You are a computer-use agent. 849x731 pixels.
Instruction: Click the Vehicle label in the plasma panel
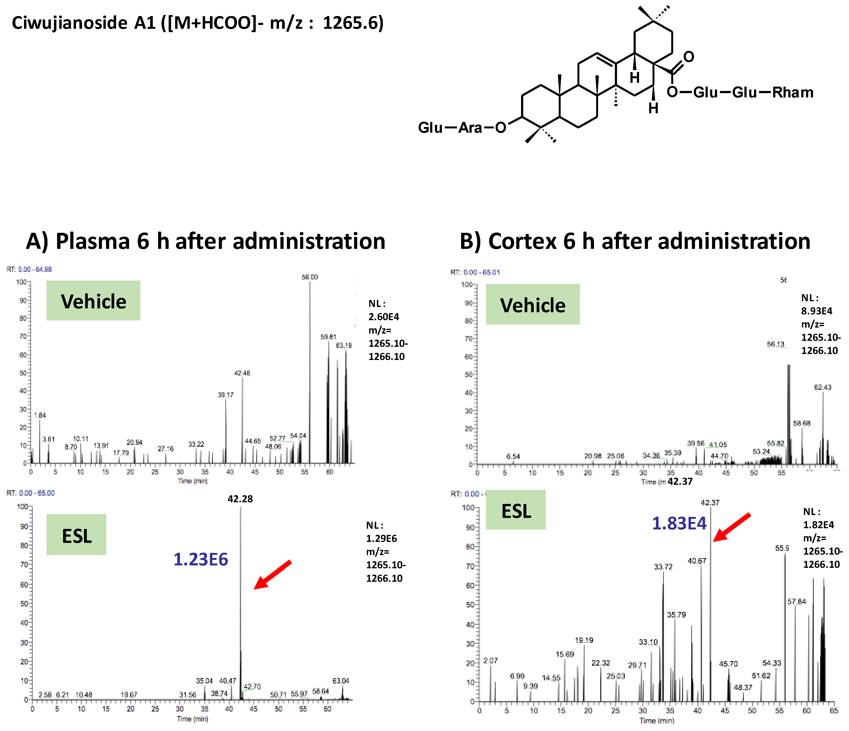coord(93,301)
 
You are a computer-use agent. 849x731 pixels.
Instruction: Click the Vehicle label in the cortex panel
coord(533,305)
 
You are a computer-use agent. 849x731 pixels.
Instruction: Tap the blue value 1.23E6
coord(201,559)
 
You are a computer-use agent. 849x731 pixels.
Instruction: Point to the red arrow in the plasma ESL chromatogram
coord(272,575)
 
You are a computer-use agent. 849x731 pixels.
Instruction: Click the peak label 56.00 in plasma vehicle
coord(310,277)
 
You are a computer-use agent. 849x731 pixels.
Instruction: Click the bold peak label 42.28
coord(240,499)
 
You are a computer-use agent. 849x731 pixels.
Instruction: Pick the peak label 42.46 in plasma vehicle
coord(242,373)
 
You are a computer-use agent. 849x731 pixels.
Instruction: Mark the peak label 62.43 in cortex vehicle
coord(822,387)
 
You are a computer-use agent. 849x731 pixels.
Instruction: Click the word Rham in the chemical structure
coord(793,93)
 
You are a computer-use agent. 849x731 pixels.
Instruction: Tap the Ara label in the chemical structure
coord(470,128)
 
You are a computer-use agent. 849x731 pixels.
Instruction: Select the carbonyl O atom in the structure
coord(689,57)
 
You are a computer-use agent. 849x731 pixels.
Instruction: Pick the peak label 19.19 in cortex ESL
coord(584,640)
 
